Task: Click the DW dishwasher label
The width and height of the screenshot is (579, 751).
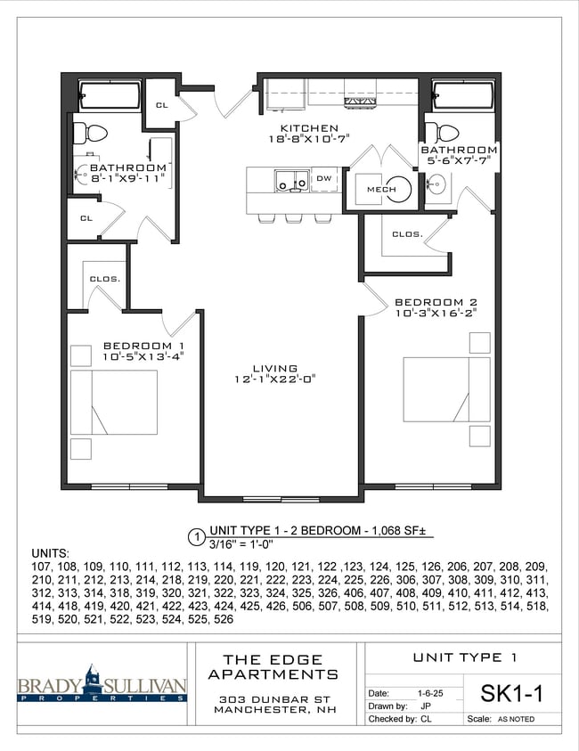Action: pos(324,179)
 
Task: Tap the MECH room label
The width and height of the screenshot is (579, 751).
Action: pos(381,189)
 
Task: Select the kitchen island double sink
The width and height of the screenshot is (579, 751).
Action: pos(291,181)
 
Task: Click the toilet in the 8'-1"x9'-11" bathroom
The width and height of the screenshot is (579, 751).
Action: pos(90,133)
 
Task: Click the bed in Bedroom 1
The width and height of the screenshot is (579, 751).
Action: pos(114,402)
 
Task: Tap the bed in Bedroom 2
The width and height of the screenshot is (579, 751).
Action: pos(446,389)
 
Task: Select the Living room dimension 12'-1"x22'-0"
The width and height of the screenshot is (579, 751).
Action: pos(275,380)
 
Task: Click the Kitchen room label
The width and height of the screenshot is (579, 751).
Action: pos(309,128)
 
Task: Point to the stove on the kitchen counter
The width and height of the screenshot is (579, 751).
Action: pos(360,101)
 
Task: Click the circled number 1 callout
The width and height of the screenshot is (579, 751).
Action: pos(197,537)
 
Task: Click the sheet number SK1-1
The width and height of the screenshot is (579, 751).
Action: pos(511,693)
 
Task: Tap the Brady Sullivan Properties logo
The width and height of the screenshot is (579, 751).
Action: pos(102,684)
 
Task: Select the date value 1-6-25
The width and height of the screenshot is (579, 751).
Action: pos(430,693)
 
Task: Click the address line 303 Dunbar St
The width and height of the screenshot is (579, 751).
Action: pos(275,699)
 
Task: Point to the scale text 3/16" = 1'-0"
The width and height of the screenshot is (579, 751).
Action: pos(241,544)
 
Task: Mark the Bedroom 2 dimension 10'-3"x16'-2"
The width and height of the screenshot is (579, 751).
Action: pos(436,314)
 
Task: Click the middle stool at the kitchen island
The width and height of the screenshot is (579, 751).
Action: pos(293,218)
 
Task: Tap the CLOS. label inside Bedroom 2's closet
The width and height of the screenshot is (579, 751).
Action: pos(408,234)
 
